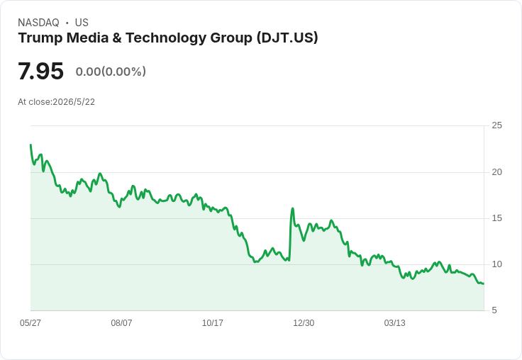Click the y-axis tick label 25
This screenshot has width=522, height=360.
[x=496, y=125]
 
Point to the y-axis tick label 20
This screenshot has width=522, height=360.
[x=496, y=172]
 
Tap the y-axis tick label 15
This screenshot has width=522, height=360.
[x=496, y=218]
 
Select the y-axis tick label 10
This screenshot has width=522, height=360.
[x=496, y=264]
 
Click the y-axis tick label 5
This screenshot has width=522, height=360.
[x=494, y=310]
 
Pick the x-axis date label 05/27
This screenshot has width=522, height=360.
[x=30, y=322]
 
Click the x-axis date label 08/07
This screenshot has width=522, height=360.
[x=121, y=322]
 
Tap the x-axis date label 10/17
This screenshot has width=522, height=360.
[x=212, y=322]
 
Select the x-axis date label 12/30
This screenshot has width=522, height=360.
[x=304, y=322]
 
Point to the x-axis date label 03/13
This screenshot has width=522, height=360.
[x=395, y=322]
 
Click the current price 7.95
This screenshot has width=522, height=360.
[x=40, y=71]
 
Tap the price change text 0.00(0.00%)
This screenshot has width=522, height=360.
[x=111, y=72]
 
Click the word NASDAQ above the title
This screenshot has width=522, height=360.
[x=38, y=23]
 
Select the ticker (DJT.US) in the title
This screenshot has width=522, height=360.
[x=287, y=38]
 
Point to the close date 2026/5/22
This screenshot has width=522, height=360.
[x=74, y=102]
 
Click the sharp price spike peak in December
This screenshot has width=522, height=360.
[x=293, y=208]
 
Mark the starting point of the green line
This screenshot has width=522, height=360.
[x=30, y=145]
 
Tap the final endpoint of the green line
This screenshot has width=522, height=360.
[x=484, y=283]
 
